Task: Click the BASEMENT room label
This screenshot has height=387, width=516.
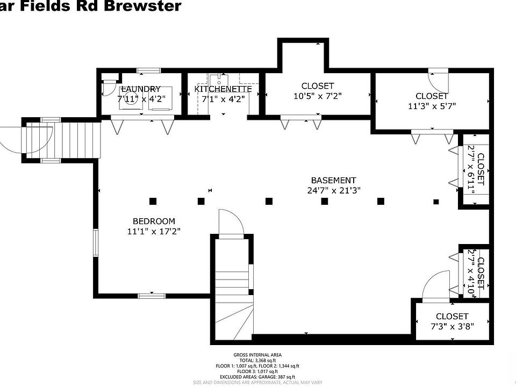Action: point(333,180)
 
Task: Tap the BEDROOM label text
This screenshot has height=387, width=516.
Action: point(154,221)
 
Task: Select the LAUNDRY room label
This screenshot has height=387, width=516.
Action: point(141,89)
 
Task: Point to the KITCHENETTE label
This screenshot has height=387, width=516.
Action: point(223,89)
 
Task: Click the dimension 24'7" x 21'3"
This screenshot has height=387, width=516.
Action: point(333,190)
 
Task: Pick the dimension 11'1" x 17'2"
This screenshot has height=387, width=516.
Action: point(154,231)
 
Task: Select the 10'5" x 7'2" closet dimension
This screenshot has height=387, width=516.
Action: point(317,96)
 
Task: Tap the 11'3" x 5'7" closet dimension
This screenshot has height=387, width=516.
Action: point(432,106)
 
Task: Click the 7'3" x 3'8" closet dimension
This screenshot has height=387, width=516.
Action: point(451,326)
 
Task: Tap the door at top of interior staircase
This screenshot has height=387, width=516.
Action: point(231,223)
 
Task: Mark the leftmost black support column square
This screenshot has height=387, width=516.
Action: point(153,202)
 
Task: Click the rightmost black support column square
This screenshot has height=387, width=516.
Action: point(436,202)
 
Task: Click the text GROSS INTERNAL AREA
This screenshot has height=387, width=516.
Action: point(257,355)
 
